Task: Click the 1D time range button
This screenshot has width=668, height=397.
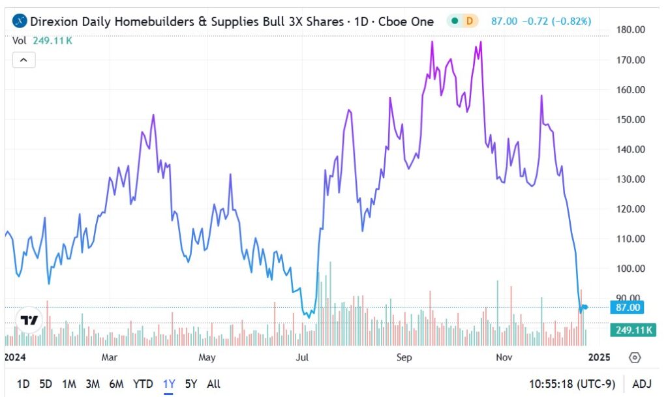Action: (23, 384)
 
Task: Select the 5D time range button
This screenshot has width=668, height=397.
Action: (46, 384)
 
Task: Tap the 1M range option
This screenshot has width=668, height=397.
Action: (69, 384)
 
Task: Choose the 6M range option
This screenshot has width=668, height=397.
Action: (117, 384)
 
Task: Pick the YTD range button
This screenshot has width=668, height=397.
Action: (144, 384)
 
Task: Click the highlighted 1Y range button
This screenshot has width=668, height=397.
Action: (169, 384)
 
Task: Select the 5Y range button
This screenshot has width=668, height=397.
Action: (191, 384)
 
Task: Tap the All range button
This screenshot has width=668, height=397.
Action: (213, 384)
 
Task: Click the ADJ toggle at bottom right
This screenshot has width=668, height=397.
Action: (642, 384)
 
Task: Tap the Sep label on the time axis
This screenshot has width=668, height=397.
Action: (405, 357)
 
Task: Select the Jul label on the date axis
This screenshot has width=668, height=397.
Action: (302, 357)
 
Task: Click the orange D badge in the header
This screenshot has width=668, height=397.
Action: (469, 21)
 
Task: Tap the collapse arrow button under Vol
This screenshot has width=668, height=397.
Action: (23, 60)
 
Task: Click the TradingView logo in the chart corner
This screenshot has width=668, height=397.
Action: (29, 320)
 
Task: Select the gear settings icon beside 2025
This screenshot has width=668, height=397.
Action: (635, 357)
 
